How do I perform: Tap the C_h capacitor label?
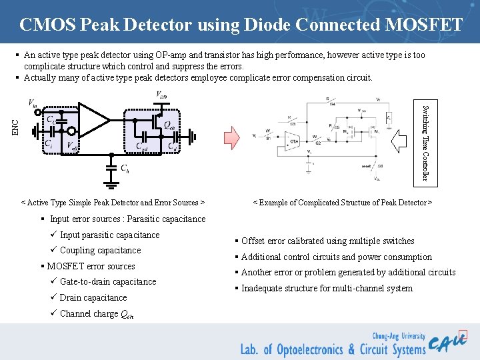coord(125,168)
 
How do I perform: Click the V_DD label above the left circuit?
coord(162,95)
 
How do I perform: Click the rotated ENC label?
coord(16,125)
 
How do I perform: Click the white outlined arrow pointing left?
coord(403,141)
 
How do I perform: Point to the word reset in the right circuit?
coord(367,166)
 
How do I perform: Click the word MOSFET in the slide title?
coord(423,25)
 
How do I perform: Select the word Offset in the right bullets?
coord(253,241)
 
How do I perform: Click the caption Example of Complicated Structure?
coord(342,202)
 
